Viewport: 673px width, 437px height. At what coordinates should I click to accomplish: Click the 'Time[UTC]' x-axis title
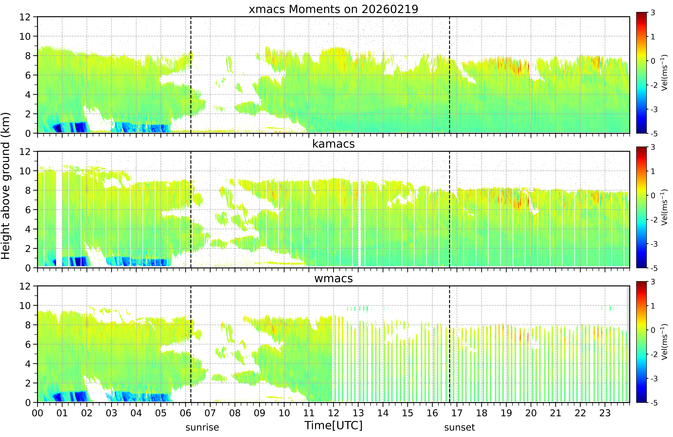click(333, 425)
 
